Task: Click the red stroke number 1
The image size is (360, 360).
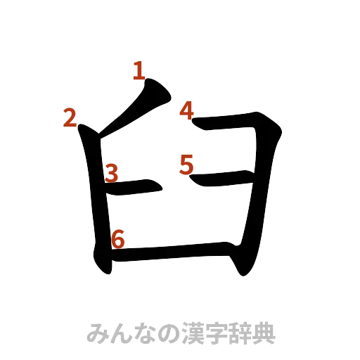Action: (x=139, y=70)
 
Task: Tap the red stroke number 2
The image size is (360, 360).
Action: (x=70, y=119)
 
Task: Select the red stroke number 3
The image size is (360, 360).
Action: (x=111, y=173)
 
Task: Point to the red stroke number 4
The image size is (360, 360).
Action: (x=186, y=110)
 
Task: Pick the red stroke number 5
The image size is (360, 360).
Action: (x=186, y=164)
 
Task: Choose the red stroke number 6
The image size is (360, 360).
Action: (x=118, y=239)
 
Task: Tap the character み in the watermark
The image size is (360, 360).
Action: (x=96, y=333)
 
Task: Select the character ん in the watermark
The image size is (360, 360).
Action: (x=120, y=333)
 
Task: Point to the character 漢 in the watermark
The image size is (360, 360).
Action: (x=192, y=333)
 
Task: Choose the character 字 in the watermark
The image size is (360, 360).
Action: (x=216, y=333)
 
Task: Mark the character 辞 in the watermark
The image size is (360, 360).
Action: (x=240, y=333)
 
